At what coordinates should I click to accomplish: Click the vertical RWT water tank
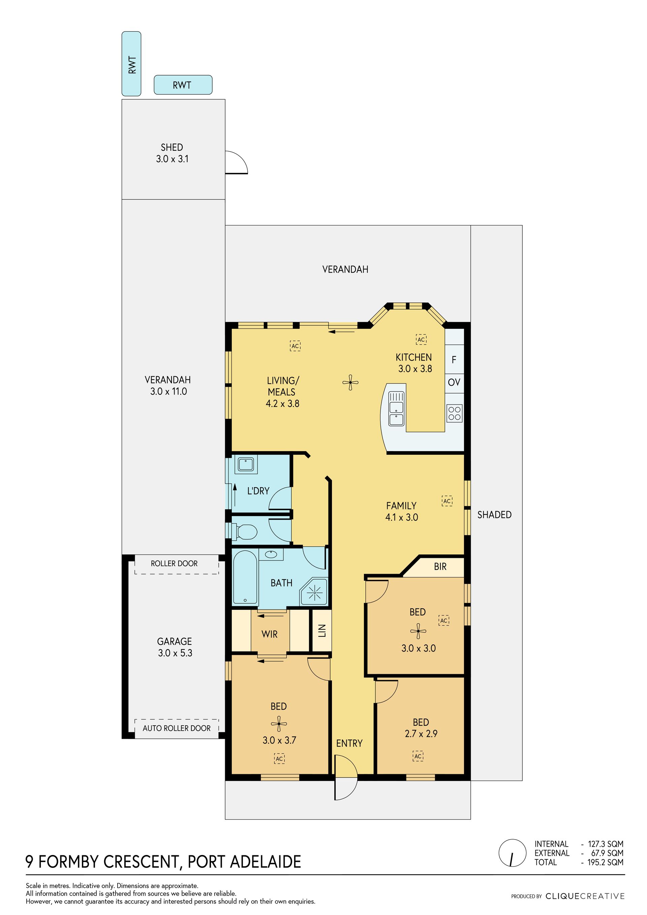pyautogui.click(x=131, y=64)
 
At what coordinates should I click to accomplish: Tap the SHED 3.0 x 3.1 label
pyautogui.click(x=172, y=153)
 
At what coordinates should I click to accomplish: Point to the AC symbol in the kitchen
pyautogui.click(x=421, y=340)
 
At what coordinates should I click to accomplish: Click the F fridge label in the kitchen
pyautogui.click(x=454, y=360)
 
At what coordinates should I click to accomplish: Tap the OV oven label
pyautogui.click(x=454, y=382)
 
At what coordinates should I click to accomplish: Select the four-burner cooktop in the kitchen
pyautogui.click(x=455, y=413)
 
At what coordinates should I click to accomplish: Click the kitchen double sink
pyautogui.click(x=396, y=408)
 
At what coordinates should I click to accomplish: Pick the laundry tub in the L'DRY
pyautogui.click(x=246, y=464)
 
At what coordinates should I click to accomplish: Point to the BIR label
pyautogui.click(x=440, y=567)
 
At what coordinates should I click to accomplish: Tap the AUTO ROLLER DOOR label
pyautogui.click(x=177, y=728)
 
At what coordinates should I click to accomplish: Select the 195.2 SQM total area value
pyautogui.click(x=605, y=862)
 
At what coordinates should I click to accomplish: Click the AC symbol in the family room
pyautogui.click(x=447, y=501)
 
